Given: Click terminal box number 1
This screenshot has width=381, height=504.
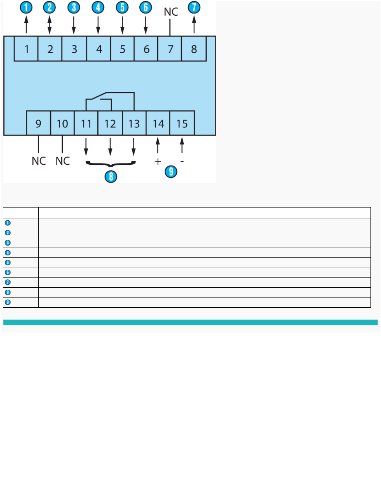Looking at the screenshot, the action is click(26, 49).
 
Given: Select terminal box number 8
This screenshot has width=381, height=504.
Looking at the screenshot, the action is click(194, 49).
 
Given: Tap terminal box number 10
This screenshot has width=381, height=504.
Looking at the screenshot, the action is click(62, 123).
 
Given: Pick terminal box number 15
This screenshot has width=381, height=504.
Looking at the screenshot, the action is click(182, 123).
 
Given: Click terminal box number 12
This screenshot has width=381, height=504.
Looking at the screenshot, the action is click(110, 123).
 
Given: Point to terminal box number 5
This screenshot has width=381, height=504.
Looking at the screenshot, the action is click(122, 49).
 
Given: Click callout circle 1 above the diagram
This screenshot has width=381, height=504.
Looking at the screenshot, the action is click(26, 7).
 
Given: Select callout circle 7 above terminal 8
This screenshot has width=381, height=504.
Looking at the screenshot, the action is click(194, 7).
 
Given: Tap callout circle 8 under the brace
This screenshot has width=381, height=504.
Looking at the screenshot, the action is click(111, 176).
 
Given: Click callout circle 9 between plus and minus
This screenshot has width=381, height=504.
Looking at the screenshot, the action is click(171, 172).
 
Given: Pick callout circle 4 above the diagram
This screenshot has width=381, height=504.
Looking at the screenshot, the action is click(98, 7).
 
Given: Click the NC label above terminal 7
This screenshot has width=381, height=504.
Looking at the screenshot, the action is click(171, 12).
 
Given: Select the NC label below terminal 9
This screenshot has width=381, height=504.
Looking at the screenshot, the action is click(39, 161).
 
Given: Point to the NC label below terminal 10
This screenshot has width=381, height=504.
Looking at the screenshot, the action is click(63, 161).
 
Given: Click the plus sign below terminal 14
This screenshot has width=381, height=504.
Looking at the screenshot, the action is click(158, 162).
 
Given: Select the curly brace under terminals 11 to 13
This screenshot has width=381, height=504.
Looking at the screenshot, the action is click(111, 164).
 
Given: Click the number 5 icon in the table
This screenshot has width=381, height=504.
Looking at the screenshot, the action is click(8, 263).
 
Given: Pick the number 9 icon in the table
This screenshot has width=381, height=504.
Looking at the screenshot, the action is click(8, 302).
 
